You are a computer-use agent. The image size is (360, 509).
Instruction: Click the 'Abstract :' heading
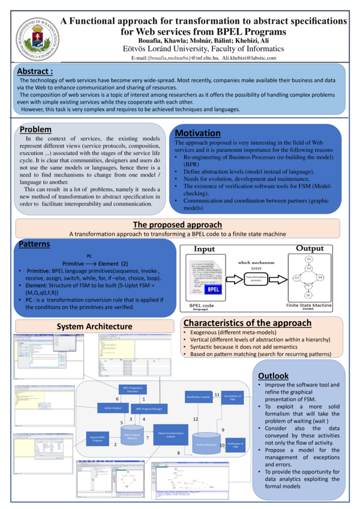click(x=35, y=72)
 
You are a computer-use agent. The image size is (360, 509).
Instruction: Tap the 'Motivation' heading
click(x=197, y=133)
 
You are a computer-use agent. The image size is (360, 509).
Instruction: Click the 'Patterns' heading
click(x=34, y=244)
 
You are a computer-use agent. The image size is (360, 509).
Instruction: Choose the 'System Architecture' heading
click(x=94, y=326)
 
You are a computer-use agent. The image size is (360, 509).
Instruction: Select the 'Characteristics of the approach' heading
click(x=256, y=323)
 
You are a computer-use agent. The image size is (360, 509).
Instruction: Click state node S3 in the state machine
click(x=296, y=277)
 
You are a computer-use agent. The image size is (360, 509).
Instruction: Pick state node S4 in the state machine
click(x=320, y=277)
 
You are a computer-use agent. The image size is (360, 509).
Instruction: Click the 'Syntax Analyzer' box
click(x=109, y=408)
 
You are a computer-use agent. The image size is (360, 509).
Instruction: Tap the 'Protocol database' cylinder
click(x=206, y=443)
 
